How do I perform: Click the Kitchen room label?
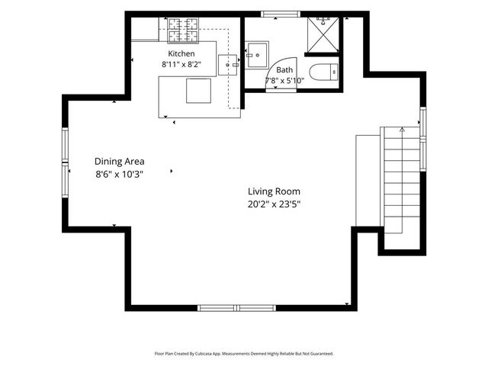point(181,53)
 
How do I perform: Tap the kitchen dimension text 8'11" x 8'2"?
point(181,64)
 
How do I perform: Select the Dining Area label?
point(120,161)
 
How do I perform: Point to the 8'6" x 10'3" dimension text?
point(119,174)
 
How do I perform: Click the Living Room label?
point(274,191)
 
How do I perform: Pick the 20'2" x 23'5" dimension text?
point(274,204)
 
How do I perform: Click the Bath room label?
point(284,70)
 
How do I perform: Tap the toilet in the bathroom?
point(323,72)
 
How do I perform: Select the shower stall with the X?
point(323,34)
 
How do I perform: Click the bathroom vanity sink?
point(257,55)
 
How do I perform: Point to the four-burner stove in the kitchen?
point(183,30)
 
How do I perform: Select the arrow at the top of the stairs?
point(402,130)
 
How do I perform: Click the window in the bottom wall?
point(237,308)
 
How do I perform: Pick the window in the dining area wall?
point(65,162)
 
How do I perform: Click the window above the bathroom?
point(281,14)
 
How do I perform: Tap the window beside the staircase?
point(423,139)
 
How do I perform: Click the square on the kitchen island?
point(198,91)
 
